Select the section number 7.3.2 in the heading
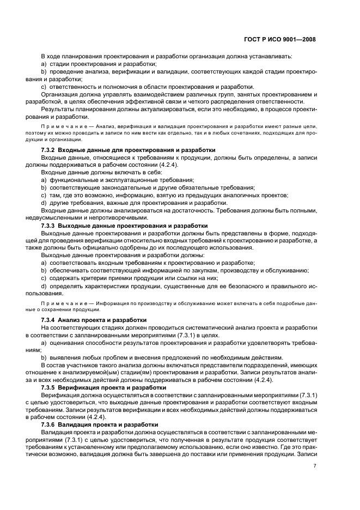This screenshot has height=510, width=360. [x=51, y=150]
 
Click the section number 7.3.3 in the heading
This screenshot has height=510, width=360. [x=51, y=225]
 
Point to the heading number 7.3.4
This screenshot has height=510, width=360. [x=51, y=319]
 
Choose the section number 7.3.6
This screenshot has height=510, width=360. [x=51, y=424]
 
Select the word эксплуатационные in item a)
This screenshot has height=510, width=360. [x=131, y=180]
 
